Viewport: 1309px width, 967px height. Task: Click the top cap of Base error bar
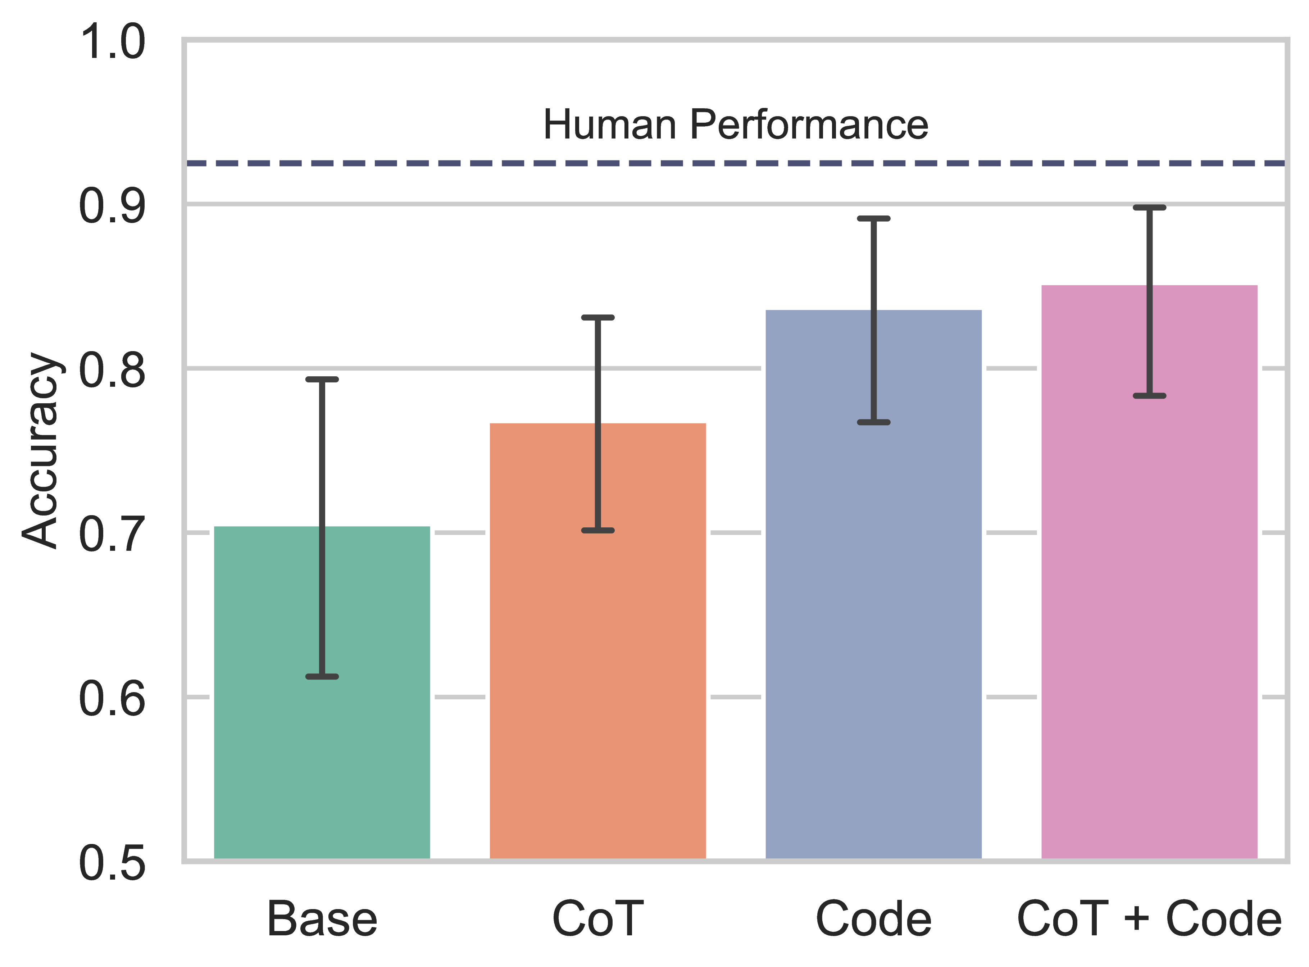coord(322,379)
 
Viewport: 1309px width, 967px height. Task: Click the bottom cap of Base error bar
coord(322,677)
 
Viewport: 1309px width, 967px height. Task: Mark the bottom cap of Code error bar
coord(873,422)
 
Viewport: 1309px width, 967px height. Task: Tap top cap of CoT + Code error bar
coord(1149,207)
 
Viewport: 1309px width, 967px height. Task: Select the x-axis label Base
coord(322,919)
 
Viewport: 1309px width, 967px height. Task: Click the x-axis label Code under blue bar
coord(873,919)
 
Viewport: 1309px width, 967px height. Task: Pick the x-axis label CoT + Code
coord(1149,919)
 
